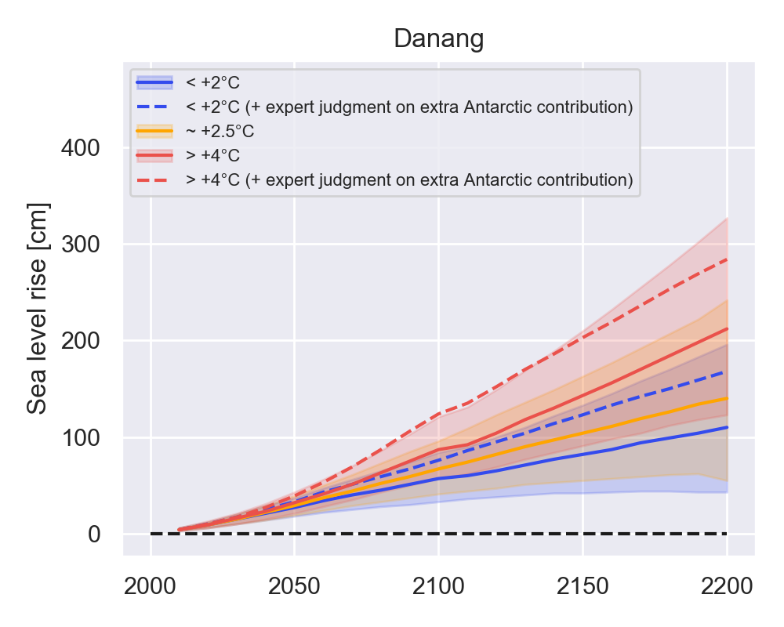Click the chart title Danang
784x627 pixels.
[x=438, y=38]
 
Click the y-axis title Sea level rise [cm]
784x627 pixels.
[x=38, y=309]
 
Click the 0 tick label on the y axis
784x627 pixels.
[x=95, y=534]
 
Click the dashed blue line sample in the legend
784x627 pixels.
[x=154, y=106]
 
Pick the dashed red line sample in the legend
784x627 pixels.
[x=154, y=179]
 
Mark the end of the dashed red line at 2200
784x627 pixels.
[x=727, y=259]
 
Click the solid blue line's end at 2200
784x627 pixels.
[x=727, y=427]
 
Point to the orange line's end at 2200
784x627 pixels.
[x=727, y=398]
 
